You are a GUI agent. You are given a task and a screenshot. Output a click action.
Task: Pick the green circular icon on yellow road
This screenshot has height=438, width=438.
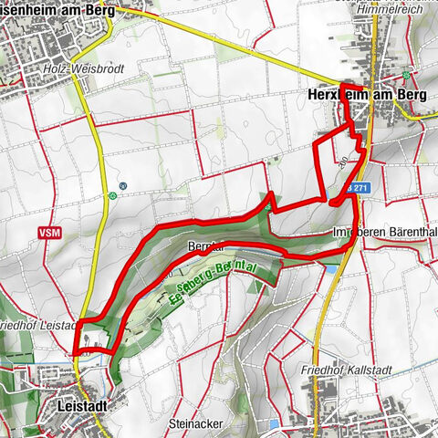112,194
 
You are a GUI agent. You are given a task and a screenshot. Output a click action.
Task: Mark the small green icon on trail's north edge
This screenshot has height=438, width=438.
267,207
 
